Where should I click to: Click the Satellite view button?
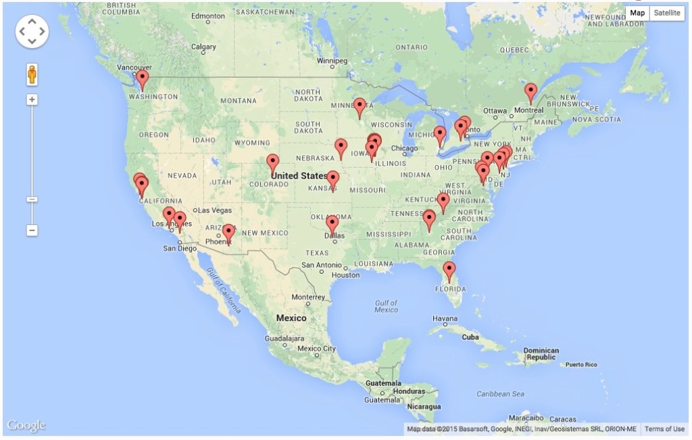coord(666,13)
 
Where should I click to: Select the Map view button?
coord(637,13)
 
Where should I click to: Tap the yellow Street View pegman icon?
coord(32,74)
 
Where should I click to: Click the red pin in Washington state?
coord(142,79)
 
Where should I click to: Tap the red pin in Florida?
coord(449,270)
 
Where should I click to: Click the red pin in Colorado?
coord(272,162)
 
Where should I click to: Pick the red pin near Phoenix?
coord(228,233)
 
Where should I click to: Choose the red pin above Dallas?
coord(332,224)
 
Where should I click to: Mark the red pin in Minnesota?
coord(360,106)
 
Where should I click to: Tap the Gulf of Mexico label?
coord(386,305)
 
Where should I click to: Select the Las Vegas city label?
coord(214,210)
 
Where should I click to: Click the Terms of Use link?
coord(664,429)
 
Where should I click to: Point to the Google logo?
coord(26,425)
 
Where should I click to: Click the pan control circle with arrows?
coord(32,31)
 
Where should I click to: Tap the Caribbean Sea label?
coord(500,393)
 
